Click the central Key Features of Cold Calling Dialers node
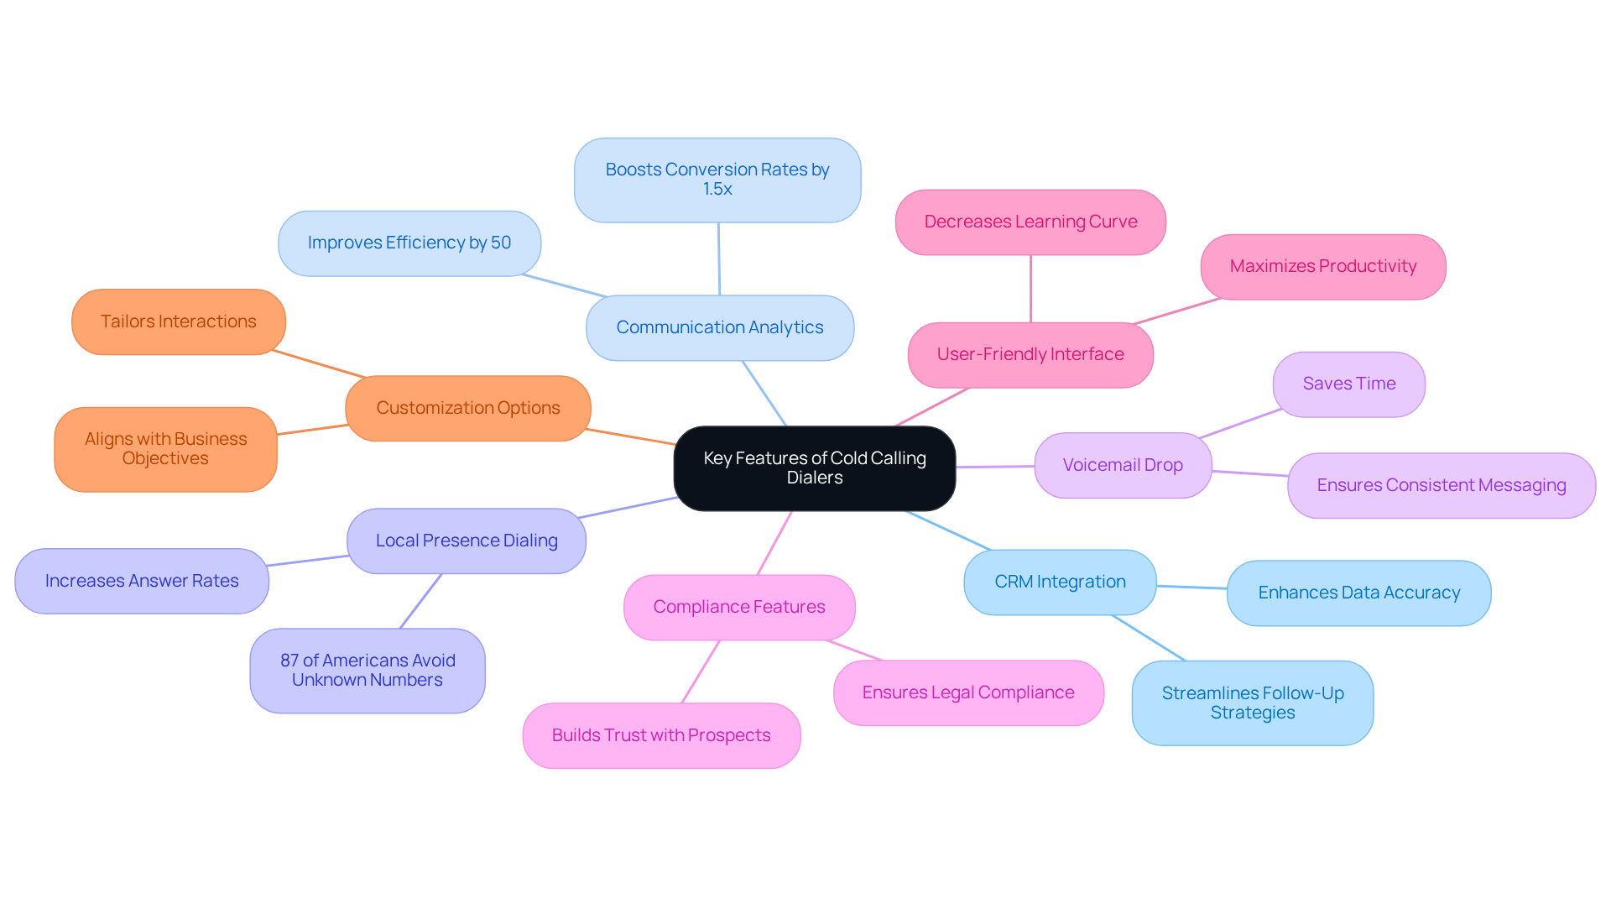[x=814, y=468]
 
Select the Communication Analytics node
[x=719, y=328]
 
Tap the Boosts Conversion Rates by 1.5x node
[x=717, y=180]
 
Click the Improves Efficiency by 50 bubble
[x=409, y=243]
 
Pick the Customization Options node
[x=467, y=409]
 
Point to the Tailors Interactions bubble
[x=178, y=322]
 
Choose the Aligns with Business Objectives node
[x=165, y=449]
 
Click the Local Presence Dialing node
[x=466, y=541]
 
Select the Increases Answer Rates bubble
[x=141, y=581]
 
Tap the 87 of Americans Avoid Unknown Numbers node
[x=367, y=671]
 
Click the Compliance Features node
[x=738, y=607]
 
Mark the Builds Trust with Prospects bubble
[x=660, y=735]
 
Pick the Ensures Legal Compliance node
[x=967, y=692]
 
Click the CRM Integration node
[x=1059, y=582]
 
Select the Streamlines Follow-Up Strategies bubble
[x=1252, y=703]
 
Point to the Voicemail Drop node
[x=1122, y=465]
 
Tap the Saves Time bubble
[x=1348, y=384]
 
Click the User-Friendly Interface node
[x=1030, y=355]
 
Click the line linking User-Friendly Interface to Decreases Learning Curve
[x=1030, y=289]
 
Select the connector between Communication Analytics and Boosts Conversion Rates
[x=718, y=259]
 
